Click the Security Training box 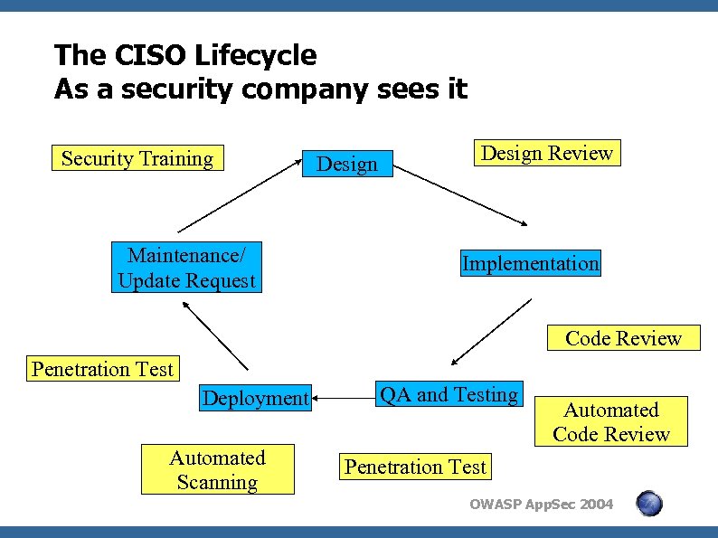[x=138, y=159]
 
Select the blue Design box [x=347, y=164]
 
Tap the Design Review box [x=547, y=153]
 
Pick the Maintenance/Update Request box [x=187, y=268]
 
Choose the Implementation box [x=530, y=264]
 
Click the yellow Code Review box [x=623, y=338]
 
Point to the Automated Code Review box [x=610, y=422]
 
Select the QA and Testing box [x=449, y=394]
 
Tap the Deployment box [x=255, y=398]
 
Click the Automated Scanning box [x=217, y=470]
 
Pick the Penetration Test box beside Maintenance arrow [x=102, y=369]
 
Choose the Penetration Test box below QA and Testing [x=416, y=467]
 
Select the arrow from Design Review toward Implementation [x=466, y=197]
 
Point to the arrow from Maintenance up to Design [x=240, y=197]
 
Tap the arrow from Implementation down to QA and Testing [x=490, y=333]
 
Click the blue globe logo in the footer [x=648, y=504]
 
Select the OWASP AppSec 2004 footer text [x=541, y=505]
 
